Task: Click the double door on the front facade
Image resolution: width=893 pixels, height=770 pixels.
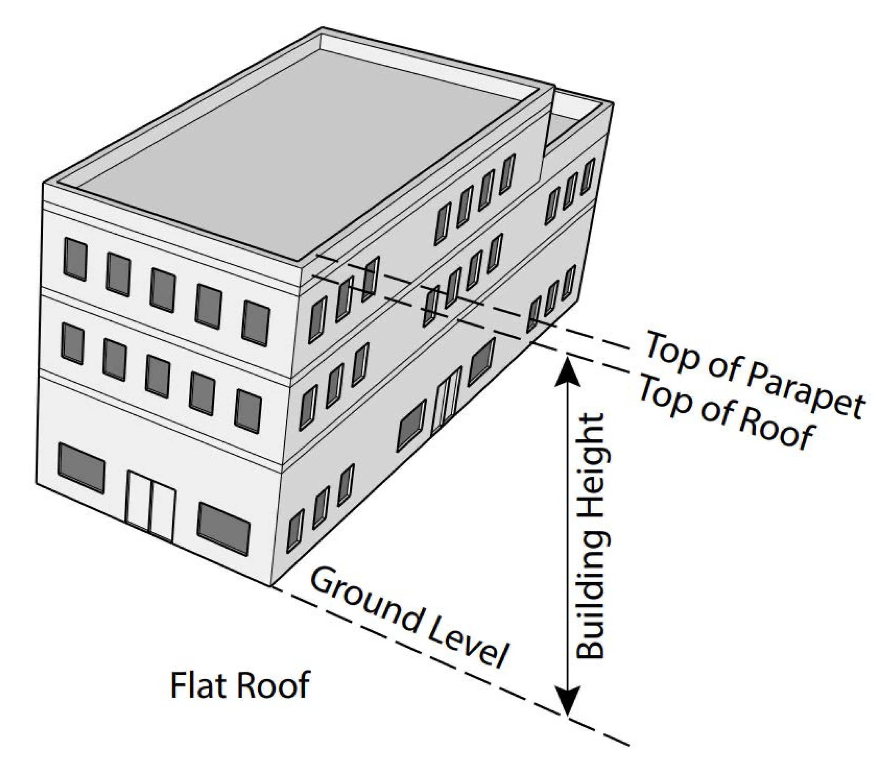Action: tap(150, 506)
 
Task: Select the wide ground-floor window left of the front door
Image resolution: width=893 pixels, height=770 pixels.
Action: tap(81, 467)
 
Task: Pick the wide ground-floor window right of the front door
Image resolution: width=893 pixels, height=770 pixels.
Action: tap(224, 528)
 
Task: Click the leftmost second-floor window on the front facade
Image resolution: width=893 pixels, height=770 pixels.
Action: tap(72, 344)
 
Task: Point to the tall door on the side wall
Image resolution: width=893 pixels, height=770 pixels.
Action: tap(446, 400)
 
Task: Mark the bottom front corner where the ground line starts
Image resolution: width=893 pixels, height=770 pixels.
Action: tap(271, 586)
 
